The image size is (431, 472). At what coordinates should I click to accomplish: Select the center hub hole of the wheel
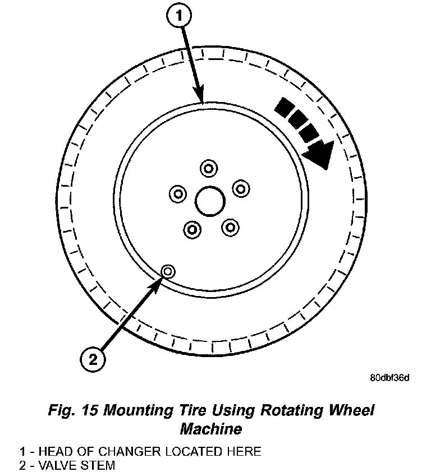[210, 200]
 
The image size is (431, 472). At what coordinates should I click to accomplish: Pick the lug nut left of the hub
[178, 194]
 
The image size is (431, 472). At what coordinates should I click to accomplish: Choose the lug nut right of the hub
[240, 188]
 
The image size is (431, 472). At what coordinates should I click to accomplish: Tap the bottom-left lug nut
[192, 229]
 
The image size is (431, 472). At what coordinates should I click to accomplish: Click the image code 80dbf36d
[389, 377]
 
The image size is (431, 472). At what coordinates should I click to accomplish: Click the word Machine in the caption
[211, 429]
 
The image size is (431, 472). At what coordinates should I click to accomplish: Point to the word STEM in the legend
[99, 465]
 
